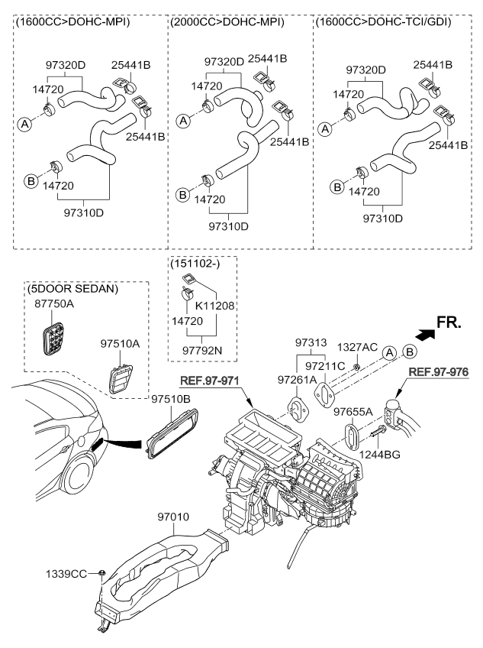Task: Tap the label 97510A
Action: pyautogui.click(x=121, y=343)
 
